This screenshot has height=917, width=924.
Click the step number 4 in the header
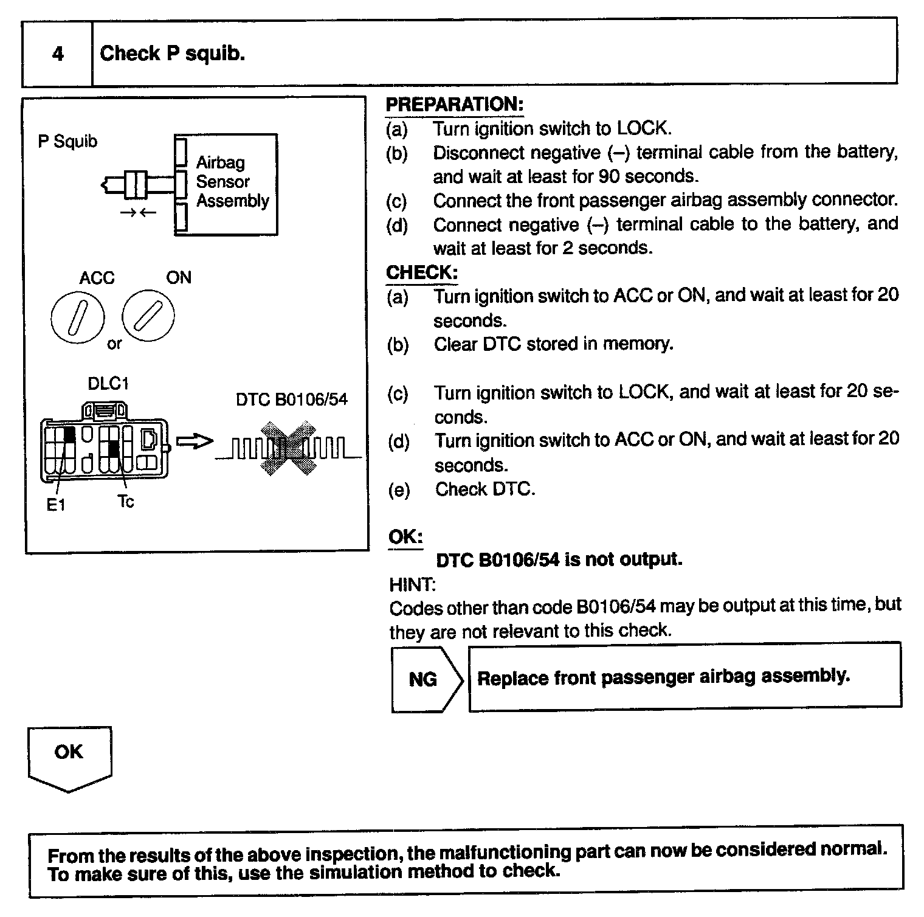[58, 54]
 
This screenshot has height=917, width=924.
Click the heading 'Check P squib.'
[172, 54]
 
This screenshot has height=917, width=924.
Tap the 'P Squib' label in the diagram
[67, 142]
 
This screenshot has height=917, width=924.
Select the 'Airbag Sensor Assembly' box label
[232, 181]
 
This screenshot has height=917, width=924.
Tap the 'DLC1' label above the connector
[108, 384]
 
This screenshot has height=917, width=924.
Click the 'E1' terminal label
[56, 505]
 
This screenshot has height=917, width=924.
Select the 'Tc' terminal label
[125, 502]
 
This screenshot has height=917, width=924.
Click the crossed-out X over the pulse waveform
[288, 448]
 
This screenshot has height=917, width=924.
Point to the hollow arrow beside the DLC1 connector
[195, 441]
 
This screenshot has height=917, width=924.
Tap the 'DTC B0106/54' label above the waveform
[291, 400]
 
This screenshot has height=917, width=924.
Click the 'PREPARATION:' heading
[454, 105]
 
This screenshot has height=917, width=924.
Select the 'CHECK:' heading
[422, 272]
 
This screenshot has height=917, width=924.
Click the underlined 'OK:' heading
[405, 537]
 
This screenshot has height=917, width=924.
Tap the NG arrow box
[424, 679]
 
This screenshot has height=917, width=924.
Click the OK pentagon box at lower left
[69, 756]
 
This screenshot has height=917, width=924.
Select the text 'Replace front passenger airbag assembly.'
[663, 677]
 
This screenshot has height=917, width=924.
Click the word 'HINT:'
[412, 585]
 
